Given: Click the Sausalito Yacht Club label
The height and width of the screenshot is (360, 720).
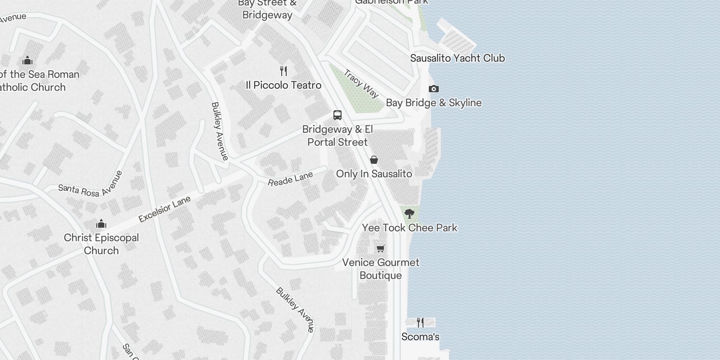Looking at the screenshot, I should (457, 58).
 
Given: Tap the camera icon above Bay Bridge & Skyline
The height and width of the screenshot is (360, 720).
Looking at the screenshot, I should (433, 89).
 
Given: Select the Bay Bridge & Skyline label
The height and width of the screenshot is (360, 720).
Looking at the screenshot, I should (433, 103).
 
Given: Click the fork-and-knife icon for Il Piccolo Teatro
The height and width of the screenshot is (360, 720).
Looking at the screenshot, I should (283, 71).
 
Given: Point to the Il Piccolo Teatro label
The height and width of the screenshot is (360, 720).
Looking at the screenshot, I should (283, 85).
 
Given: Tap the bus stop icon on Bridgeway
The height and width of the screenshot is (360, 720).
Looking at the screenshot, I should (337, 115).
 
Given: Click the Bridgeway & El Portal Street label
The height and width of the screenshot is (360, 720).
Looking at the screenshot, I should (337, 135).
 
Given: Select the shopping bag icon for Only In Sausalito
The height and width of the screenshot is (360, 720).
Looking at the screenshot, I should (374, 160).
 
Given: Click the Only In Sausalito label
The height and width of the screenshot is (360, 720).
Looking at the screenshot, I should (374, 174).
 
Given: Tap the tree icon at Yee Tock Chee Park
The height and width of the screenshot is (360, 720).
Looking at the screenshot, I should (409, 213).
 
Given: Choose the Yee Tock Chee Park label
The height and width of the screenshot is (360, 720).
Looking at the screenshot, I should (409, 228).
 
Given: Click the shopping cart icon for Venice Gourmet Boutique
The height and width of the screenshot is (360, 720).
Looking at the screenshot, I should (381, 248).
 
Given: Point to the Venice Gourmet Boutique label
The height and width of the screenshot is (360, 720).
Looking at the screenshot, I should (381, 269).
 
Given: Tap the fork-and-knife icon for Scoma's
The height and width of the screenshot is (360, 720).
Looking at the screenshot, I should (420, 323).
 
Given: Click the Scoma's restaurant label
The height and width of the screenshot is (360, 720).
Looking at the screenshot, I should (420, 337).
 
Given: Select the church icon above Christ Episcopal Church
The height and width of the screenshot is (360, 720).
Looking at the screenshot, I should (101, 224).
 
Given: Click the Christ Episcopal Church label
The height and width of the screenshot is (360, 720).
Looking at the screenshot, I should (101, 244).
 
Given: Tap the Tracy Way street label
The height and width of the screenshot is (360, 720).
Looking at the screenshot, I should (361, 83).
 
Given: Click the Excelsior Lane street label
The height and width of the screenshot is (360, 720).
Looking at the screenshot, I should (165, 209).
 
